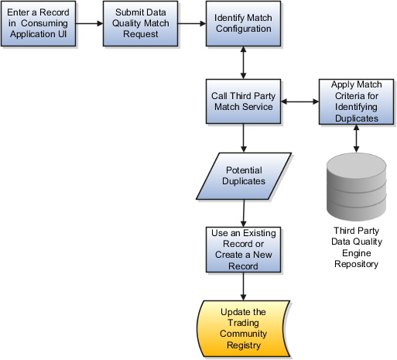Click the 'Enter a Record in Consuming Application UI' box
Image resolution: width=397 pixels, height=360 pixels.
39,23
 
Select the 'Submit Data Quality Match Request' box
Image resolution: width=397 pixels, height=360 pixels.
140,23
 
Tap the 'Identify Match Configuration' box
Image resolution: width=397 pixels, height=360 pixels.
243,23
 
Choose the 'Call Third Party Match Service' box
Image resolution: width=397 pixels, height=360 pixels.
243,101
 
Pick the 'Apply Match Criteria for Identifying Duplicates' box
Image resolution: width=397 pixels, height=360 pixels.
356,101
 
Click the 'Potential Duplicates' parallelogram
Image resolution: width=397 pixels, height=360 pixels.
244,176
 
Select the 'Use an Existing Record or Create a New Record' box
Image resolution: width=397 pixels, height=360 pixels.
243,249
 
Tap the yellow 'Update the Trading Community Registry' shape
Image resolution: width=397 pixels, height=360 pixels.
243,328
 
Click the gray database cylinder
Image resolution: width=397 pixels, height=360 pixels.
357,187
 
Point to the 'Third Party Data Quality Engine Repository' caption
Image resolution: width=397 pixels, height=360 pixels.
357,247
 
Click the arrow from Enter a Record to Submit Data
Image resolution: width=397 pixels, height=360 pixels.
90,23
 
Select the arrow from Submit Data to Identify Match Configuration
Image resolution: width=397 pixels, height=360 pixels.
192,23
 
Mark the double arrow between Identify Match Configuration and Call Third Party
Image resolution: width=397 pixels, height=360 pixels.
243,63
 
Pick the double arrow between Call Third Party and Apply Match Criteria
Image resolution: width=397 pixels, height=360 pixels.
299,101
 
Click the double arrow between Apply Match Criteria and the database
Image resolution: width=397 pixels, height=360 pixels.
356,139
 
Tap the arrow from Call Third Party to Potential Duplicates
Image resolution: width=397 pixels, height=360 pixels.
243,138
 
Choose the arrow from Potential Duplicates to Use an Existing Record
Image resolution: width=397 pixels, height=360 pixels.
244,213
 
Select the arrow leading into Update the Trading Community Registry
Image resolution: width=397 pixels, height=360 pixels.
243,286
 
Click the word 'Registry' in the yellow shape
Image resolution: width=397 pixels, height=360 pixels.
244,345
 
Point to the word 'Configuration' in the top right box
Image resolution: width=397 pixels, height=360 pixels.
244,29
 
